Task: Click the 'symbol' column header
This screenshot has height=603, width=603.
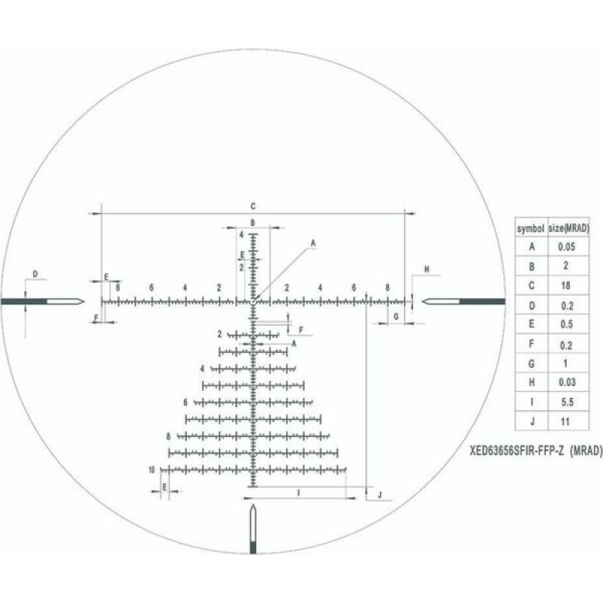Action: click(x=531, y=228)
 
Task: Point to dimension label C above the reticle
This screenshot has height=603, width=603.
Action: click(x=253, y=206)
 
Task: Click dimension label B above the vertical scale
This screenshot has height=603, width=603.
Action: click(x=253, y=223)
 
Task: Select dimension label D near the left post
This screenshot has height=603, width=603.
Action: click(x=36, y=275)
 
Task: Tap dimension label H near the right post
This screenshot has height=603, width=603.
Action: click(x=426, y=270)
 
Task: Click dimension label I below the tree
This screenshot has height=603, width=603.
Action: click(x=299, y=493)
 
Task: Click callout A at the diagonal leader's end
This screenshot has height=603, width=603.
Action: click(x=313, y=242)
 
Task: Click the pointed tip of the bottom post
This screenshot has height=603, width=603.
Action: click(x=253, y=506)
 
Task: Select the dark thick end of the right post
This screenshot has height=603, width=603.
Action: click(x=482, y=301)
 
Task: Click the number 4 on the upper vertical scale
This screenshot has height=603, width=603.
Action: click(x=241, y=234)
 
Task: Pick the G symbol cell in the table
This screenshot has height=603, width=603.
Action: click(x=531, y=363)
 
